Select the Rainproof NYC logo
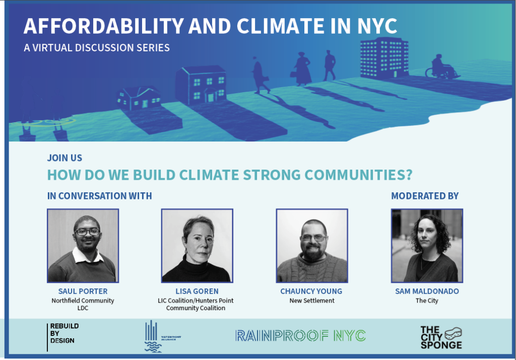(x=300, y=336)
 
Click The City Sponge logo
(x=441, y=337)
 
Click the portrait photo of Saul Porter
(x=83, y=245)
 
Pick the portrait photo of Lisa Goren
(x=197, y=245)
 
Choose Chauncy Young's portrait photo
(x=311, y=245)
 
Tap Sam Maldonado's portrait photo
(x=427, y=245)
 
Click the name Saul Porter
(x=83, y=292)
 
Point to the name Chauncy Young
(x=311, y=292)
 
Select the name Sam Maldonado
(x=427, y=292)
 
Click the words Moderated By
(x=425, y=196)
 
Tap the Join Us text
(x=64, y=158)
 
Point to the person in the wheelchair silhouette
(x=439, y=66)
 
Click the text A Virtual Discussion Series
(x=97, y=48)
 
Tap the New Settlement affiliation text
(x=311, y=301)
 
